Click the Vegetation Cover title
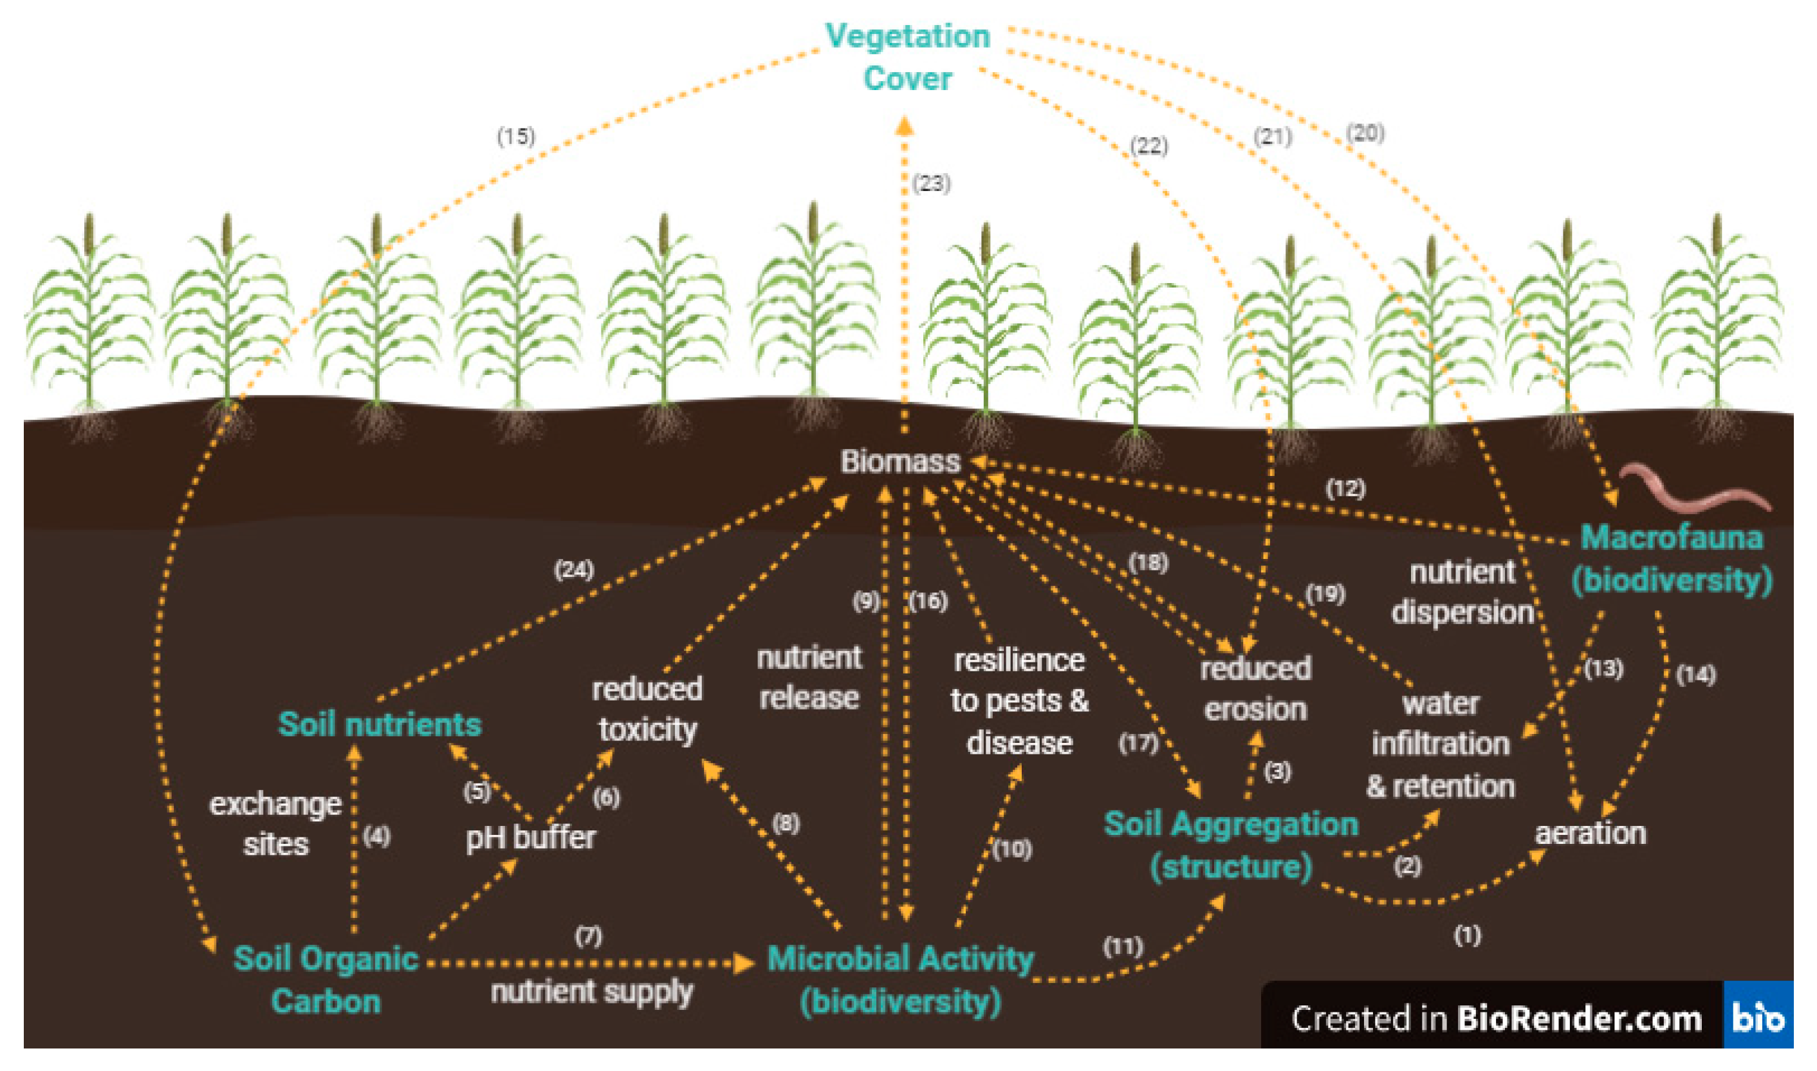click(x=907, y=57)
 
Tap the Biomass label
click(x=900, y=462)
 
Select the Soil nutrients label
click(x=380, y=724)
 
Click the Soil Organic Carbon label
click(x=326, y=980)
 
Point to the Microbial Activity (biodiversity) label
click(x=900, y=980)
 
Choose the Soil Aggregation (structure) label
click(x=1231, y=845)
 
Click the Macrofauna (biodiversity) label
click(x=1671, y=558)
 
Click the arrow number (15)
click(x=515, y=136)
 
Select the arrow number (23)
click(x=930, y=183)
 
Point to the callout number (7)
click(x=588, y=936)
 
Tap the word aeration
click(x=1591, y=834)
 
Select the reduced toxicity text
click(x=647, y=709)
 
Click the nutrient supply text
click(x=591, y=993)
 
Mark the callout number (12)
click(x=1345, y=489)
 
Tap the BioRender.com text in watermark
click(x=1579, y=1018)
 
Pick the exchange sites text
click(x=275, y=824)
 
